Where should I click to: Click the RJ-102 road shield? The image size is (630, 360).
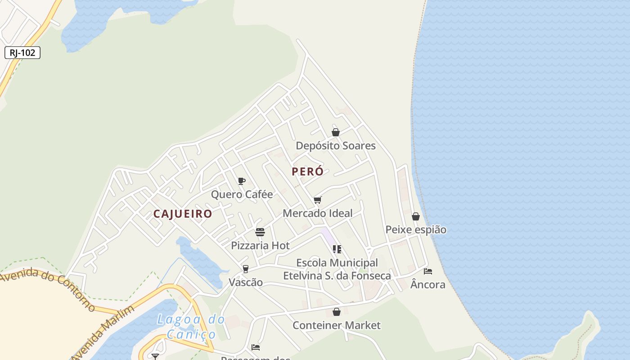22,53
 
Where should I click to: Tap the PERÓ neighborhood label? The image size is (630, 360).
307,171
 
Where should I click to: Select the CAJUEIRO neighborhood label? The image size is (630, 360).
183,214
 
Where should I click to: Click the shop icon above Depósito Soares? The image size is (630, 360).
336,132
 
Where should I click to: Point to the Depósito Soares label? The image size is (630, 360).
335,146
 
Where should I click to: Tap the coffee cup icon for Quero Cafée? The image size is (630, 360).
242,181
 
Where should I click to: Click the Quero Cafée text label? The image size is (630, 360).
242,194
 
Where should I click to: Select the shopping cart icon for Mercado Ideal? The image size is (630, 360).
318,200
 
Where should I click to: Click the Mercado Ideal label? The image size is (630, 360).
317,213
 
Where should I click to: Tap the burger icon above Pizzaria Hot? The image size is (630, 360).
260,232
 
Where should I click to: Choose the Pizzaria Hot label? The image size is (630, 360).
260,246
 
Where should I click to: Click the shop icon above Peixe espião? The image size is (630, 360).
416,216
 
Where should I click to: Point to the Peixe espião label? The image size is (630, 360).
416,230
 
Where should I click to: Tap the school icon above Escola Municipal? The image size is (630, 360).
337,249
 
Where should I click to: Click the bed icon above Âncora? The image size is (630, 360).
428,271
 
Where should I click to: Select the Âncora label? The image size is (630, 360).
428,285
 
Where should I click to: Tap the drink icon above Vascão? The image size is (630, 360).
245,269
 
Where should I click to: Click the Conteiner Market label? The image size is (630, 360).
336,325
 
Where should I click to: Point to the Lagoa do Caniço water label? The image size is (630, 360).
191,327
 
